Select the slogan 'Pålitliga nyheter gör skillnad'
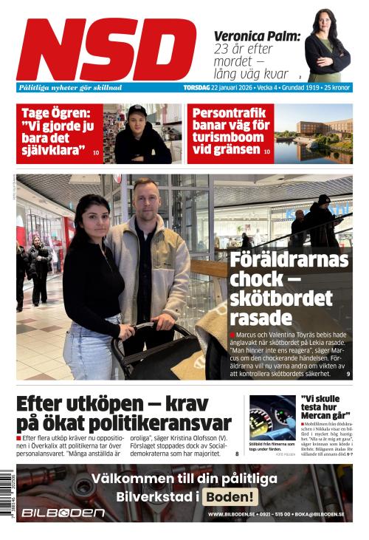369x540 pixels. tap(71, 87)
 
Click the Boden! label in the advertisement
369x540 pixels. tap(230, 496)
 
